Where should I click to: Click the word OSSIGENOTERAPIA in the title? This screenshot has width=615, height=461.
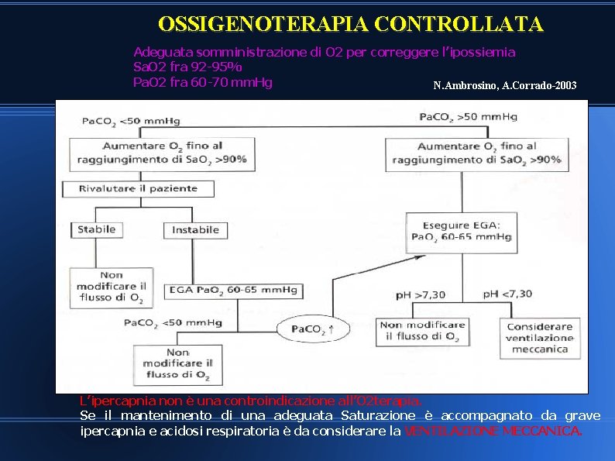[x=262, y=24]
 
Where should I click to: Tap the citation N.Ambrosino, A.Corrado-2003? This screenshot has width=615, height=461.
[x=505, y=85]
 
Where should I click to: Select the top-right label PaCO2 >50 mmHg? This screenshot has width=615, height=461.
[x=468, y=117]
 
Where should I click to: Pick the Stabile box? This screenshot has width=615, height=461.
[x=97, y=229]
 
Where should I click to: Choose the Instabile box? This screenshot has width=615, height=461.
[x=195, y=230]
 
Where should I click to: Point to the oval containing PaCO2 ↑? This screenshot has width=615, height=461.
[x=313, y=329]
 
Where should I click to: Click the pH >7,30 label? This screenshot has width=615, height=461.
[x=421, y=294]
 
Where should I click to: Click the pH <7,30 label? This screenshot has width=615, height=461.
[x=507, y=294]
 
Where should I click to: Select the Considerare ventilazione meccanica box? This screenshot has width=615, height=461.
[x=540, y=338]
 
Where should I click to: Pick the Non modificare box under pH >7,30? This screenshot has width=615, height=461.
[x=422, y=331]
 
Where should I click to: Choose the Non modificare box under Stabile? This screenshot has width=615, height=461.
[x=110, y=287]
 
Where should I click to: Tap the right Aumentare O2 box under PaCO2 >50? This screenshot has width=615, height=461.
[x=476, y=153]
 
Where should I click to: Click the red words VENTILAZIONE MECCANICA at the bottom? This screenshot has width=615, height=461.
[x=492, y=431]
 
